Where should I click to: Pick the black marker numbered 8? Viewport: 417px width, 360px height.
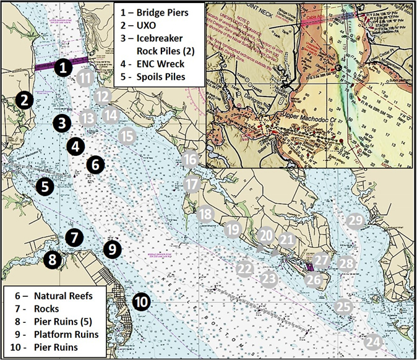pyautogui.click(x=53, y=259)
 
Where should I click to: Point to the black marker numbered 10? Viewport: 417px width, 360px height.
pyautogui.click(x=141, y=302)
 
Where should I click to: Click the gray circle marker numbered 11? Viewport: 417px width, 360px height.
pyautogui.click(x=85, y=78)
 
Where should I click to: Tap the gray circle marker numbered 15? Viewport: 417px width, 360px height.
pyautogui.click(x=126, y=135)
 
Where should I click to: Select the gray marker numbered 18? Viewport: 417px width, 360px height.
pyautogui.click(x=206, y=214)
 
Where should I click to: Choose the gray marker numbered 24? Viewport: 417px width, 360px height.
pyautogui.click(x=373, y=341)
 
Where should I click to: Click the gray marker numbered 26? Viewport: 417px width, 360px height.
pyautogui.click(x=314, y=280)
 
